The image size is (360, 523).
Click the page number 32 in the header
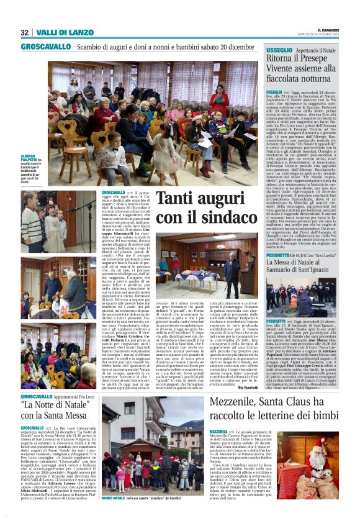click(24, 32)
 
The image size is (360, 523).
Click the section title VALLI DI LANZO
click(55, 32)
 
